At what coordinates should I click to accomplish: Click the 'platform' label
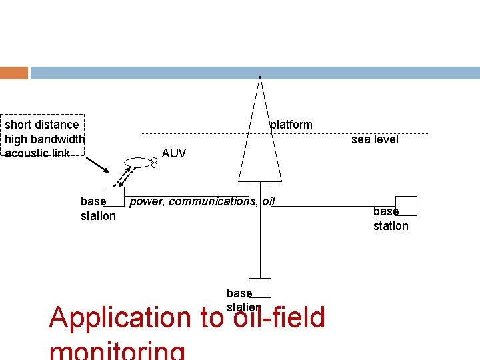click(x=291, y=125)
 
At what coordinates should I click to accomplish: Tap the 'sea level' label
click(x=375, y=139)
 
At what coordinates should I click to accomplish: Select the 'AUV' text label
click(x=174, y=153)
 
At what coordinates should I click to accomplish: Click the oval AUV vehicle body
click(x=138, y=161)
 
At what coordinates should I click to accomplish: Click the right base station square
click(x=406, y=205)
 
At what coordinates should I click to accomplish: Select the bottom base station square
click(x=261, y=287)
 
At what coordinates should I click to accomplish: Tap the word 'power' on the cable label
click(x=145, y=201)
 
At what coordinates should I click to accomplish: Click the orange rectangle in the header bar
click(x=14, y=73)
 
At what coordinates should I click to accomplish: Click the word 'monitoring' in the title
click(x=117, y=352)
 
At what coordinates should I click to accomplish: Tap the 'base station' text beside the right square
click(x=390, y=219)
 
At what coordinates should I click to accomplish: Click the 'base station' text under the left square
click(x=97, y=208)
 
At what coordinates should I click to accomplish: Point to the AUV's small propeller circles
click(x=154, y=161)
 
